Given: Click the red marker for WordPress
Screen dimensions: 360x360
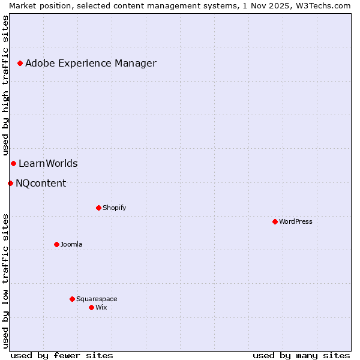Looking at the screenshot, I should click(275, 221).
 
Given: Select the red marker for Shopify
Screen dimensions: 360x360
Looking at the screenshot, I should click(98, 208).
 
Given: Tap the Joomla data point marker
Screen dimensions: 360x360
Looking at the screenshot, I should click(56, 244).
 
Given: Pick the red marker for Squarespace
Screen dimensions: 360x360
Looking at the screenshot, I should click(72, 299).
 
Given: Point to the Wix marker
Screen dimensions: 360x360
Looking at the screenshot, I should click(91, 307).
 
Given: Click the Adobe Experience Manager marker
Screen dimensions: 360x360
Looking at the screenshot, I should click(20, 63).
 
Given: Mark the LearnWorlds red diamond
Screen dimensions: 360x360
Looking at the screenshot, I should click(13, 163).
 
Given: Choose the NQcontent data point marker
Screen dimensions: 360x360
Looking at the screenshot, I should click(10, 183).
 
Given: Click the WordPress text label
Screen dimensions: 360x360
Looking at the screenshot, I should click(296, 221).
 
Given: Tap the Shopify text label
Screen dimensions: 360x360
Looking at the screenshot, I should click(115, 208).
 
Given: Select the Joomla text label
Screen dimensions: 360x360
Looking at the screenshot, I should click(71, 244).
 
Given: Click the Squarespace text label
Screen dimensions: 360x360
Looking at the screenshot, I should click(97, 299).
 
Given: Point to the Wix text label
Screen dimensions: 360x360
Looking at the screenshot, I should click(101, 307).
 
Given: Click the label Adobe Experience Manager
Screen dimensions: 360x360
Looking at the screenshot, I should click(91, 63).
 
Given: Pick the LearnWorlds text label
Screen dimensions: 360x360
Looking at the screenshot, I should click(48, 163).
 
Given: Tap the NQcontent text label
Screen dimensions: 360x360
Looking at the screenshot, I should click(41, 183).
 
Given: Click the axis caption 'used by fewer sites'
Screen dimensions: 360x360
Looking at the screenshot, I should click(62, 355).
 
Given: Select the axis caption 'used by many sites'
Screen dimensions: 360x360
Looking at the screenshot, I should click(301, 355).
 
